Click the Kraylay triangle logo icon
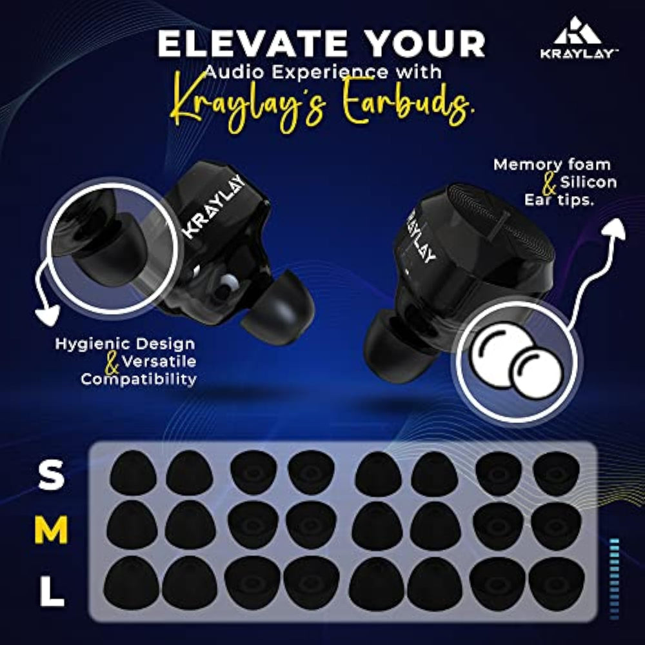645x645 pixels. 577,31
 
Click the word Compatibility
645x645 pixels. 139,379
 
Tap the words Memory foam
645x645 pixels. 552,164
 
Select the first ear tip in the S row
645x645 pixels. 132,473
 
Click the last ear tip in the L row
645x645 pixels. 556,583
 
